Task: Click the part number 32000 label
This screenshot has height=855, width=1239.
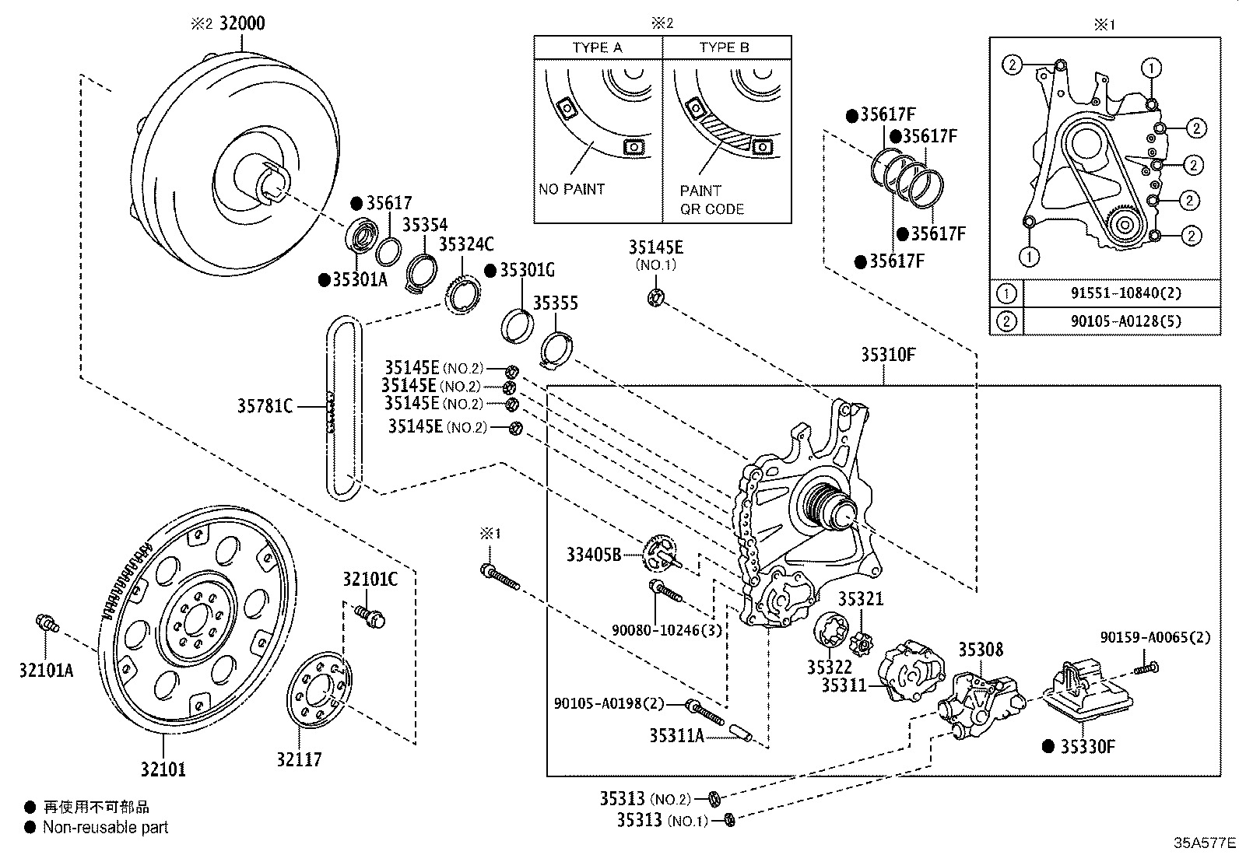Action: coord(241,23)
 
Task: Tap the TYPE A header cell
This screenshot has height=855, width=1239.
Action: coord(598,47)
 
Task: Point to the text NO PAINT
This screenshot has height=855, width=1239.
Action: coord(571,189)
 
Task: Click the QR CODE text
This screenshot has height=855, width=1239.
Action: coord(712,209)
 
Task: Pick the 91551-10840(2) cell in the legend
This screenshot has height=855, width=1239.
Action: coord(1121,293)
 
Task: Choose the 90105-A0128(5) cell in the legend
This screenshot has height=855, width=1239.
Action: coord(1121,321)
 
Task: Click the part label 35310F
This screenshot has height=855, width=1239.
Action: coord(888,355)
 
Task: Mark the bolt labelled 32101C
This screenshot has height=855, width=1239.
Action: coord(371,615)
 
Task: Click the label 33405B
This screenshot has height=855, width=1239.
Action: coord(594,555)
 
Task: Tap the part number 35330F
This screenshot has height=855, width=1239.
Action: coord(1087,747)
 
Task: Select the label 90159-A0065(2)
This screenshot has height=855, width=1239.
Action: coord(1155,637)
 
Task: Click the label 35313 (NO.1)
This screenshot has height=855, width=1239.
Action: coord(662,820)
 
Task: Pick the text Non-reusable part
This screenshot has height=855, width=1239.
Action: coord(105,828)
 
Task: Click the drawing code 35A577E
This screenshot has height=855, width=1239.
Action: coord(1205,843)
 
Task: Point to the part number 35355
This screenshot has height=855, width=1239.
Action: coord(555,303)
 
